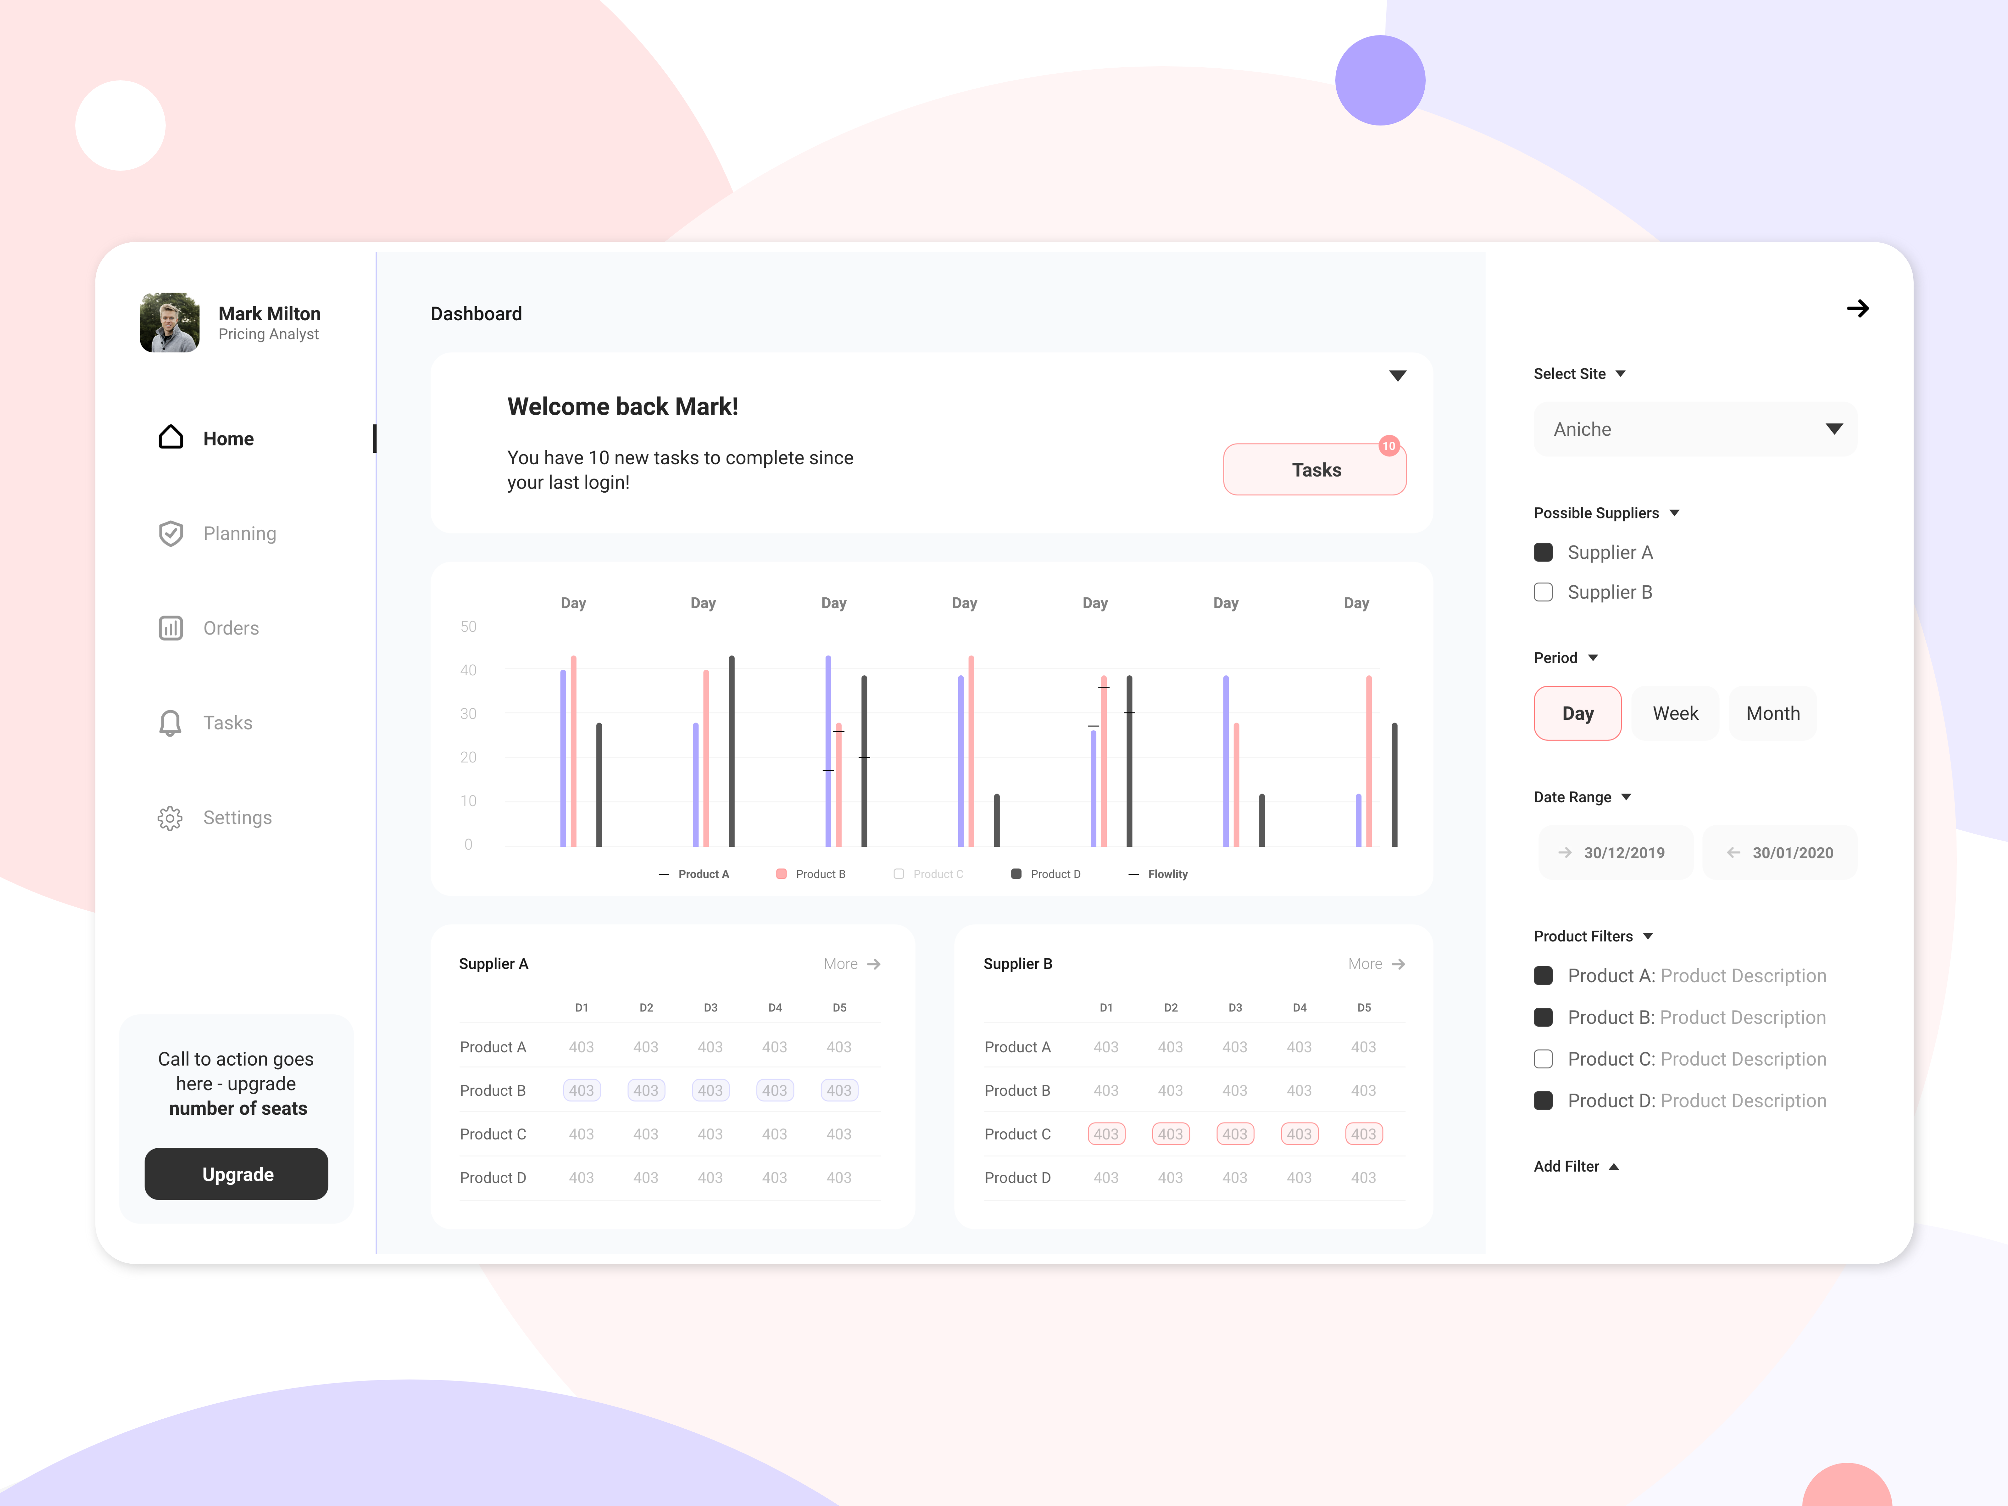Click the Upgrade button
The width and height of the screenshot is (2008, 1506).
coord(236,1174)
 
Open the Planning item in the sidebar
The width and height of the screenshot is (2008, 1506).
coord(239,534)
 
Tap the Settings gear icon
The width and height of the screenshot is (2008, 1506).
coord(170,818)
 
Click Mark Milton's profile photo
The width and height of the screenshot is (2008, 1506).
coord(170,322)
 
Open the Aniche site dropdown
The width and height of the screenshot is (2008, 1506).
coord(1694,429)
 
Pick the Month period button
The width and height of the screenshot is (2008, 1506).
coord(1772,714)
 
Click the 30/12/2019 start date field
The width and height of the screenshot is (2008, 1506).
coord(1615,852)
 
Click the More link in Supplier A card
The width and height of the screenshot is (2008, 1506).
coord(851,964)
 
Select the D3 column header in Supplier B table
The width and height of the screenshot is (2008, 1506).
coord(1235,1008)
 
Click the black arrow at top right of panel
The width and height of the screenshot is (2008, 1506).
coord(1857,309)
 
